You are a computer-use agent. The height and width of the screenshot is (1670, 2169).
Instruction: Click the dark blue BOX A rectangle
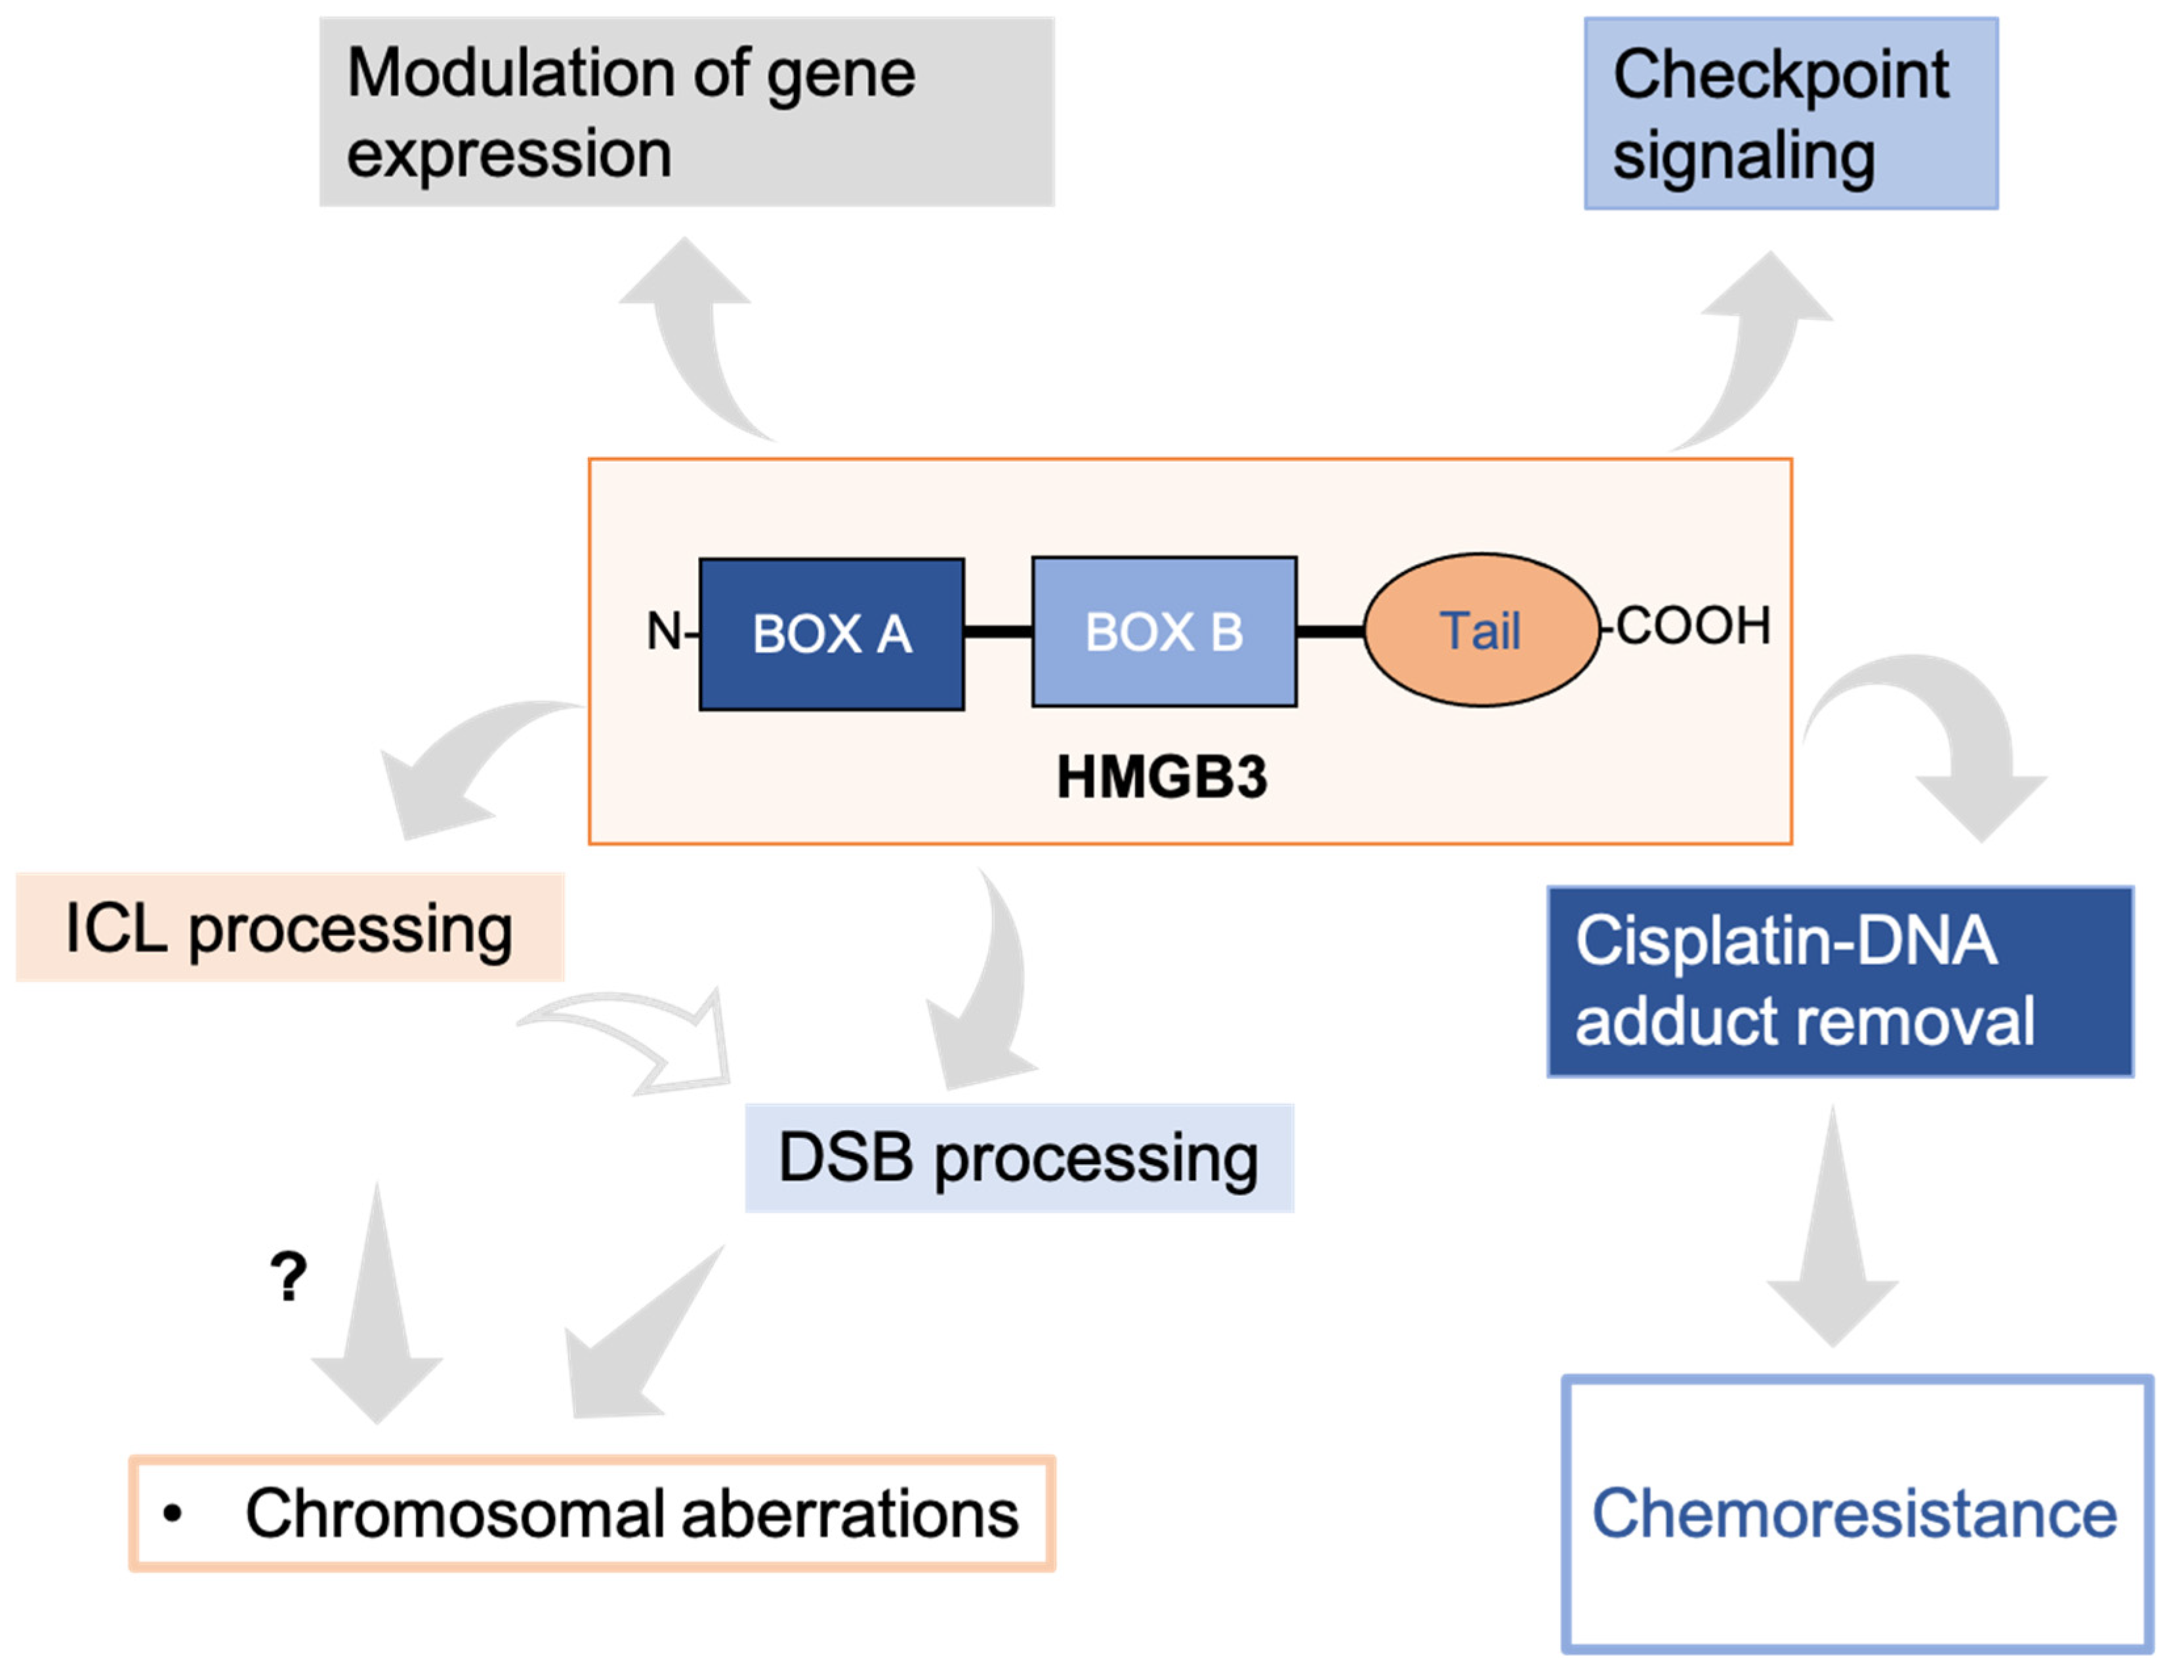pyautogui.click(x=831, y=634)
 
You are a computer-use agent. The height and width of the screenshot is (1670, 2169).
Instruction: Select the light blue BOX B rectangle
pyautogui.click(x=1164, y=632)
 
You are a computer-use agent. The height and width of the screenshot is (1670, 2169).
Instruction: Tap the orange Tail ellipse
pyautogui.click(x=1481, y=630)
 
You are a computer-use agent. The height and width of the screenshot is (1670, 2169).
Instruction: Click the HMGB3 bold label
pyautogui.click(x=1161, y=777)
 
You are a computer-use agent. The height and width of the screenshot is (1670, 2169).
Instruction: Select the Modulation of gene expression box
pyautogui.click(x=686, y=112)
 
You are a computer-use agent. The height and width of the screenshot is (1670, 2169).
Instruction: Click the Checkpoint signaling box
pyautogui.click(x=1790, y=114)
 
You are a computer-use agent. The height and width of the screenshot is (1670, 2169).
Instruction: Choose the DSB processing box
pyautogui.click(x=1019, y=1158)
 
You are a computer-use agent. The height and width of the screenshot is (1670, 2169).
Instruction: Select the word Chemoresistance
pyautogui.click(x=1854, y=1513)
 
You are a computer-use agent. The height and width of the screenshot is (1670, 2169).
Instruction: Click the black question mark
pyautogui.click(x=288, y=1277)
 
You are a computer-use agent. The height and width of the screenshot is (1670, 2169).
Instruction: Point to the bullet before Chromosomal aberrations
pyautogui.click(x=173, y=1514)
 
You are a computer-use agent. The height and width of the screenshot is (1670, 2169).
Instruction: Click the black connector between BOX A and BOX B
pyautogui.click(x=997, y=632)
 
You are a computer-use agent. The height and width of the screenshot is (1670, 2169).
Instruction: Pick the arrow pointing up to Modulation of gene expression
pyautogui.click(x=695, y=338)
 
